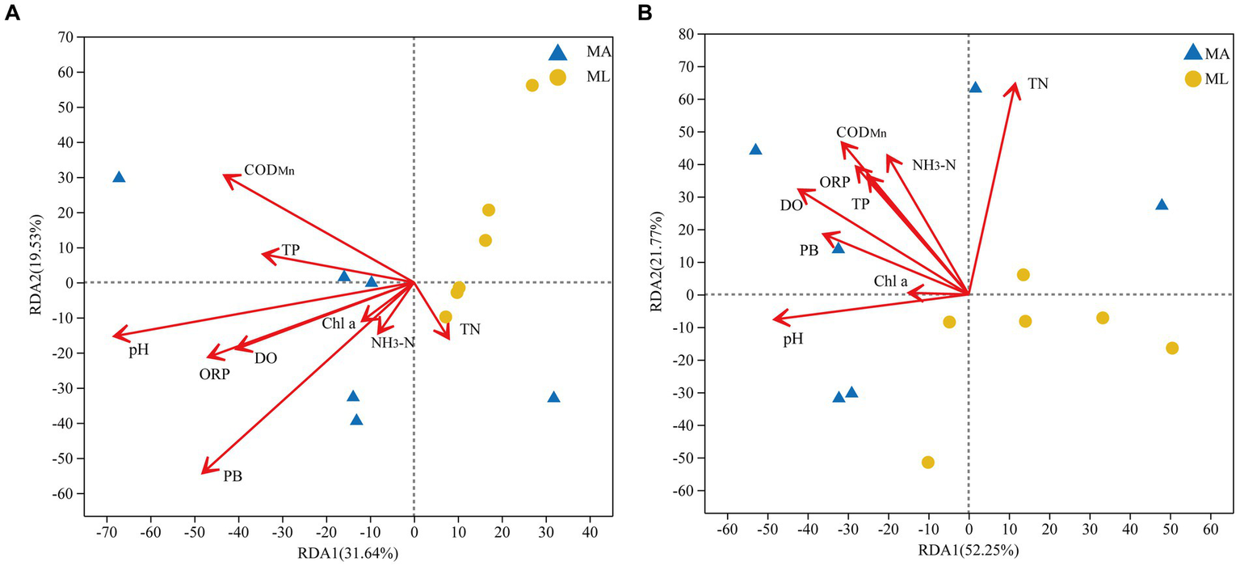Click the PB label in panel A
pyautogui.click(x=233, y=476)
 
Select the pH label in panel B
pyautogui.click(x=793, y=339)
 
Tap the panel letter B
pyautogui.click(x=644, y=13)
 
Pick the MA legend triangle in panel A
pyautogui.click(x=557, y=53)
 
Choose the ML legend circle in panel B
pyautogui.click(x=1192, y=78)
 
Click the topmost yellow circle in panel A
pyautogui.click(x=532, y=85)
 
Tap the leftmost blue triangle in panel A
pyautogui.click(x=119, y=177)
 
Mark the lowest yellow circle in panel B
pyautogui.click(x=928, y=462)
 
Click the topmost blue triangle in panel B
pyautogui.click(x=975, y=87)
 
